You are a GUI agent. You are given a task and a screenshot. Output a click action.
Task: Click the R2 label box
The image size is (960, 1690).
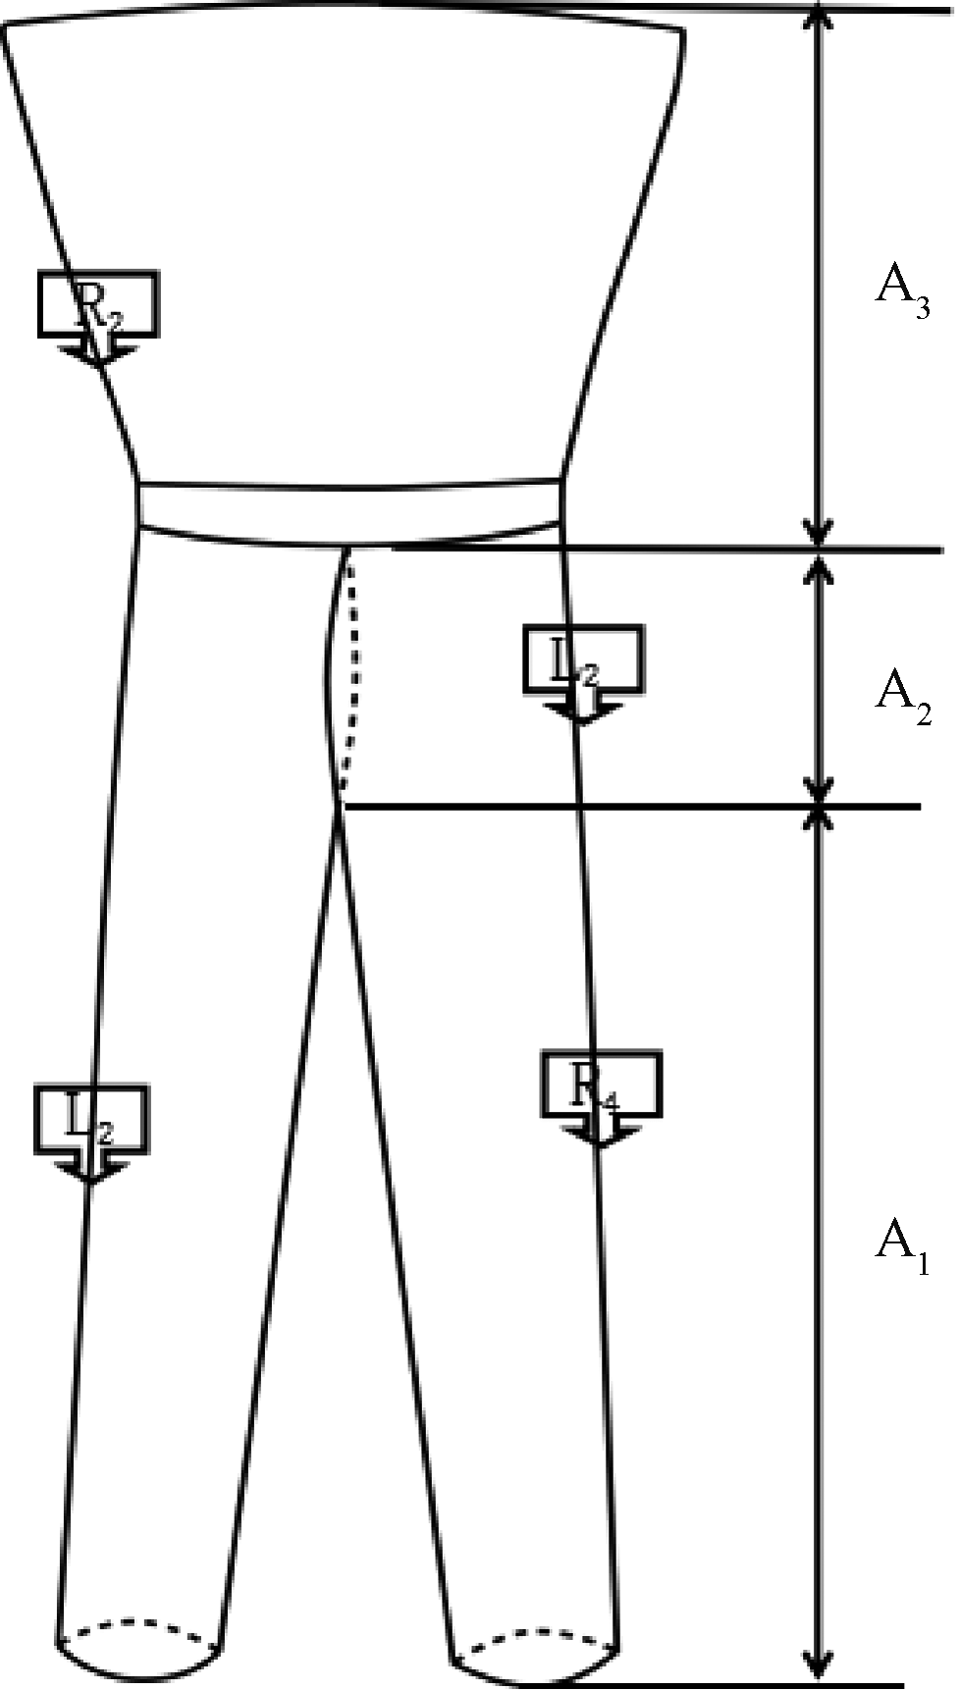pyautogui.click(x=97, y=303)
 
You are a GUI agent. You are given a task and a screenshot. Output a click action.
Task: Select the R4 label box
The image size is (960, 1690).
pyautogui.click(x=601, y=1084)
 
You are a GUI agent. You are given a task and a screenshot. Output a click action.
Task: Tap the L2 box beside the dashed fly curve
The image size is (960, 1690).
pyautogui.click(x=583, y=658)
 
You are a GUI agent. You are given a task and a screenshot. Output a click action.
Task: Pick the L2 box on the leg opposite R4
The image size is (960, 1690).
pyautogui.click(x=90, y=1119)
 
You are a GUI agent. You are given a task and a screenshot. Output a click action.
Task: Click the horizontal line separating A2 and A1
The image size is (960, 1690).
pyautogui.click(x=628, y=807)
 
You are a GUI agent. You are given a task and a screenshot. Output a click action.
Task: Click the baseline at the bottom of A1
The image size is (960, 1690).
pyautogui.click(x=726, y=1684)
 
